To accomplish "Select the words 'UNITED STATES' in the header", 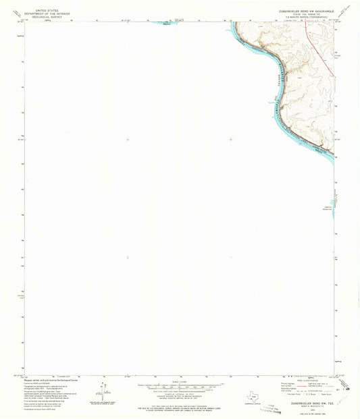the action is pyautogui.click(x=47, y=10).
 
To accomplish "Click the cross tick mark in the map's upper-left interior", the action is pyautogui.click(x=128, y=140).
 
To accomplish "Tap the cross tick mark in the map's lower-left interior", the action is pyautogui.click(x=128, y=257).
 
